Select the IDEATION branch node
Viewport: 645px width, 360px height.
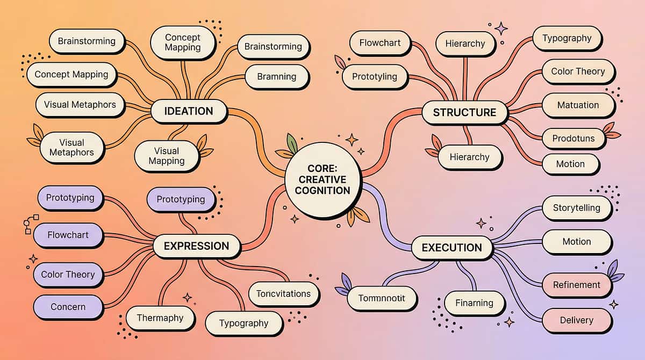point(189,112)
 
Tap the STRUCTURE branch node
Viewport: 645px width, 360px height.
point(464,112)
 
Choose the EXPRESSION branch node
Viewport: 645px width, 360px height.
point(196,246)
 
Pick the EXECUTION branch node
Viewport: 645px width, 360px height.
point(451,248)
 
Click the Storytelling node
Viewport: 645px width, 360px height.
point(576,208)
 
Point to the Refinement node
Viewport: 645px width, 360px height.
point(576,285)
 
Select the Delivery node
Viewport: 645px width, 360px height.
point(576,320)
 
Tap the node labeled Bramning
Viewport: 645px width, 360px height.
point(277,77)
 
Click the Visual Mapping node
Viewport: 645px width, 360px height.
point(167,156)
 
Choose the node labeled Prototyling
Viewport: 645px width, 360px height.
point(375,76)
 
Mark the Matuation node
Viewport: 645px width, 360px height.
point(578,105)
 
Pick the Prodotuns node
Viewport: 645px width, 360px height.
point(574,139)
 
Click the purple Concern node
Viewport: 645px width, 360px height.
point(68,307)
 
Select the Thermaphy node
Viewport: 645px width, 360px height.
point(160,318)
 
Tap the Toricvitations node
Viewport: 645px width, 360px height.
point(283,294)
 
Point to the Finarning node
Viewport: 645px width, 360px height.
point(474,303)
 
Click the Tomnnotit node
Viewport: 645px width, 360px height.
point(382,298)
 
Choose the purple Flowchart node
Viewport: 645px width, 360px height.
point(68,235)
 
